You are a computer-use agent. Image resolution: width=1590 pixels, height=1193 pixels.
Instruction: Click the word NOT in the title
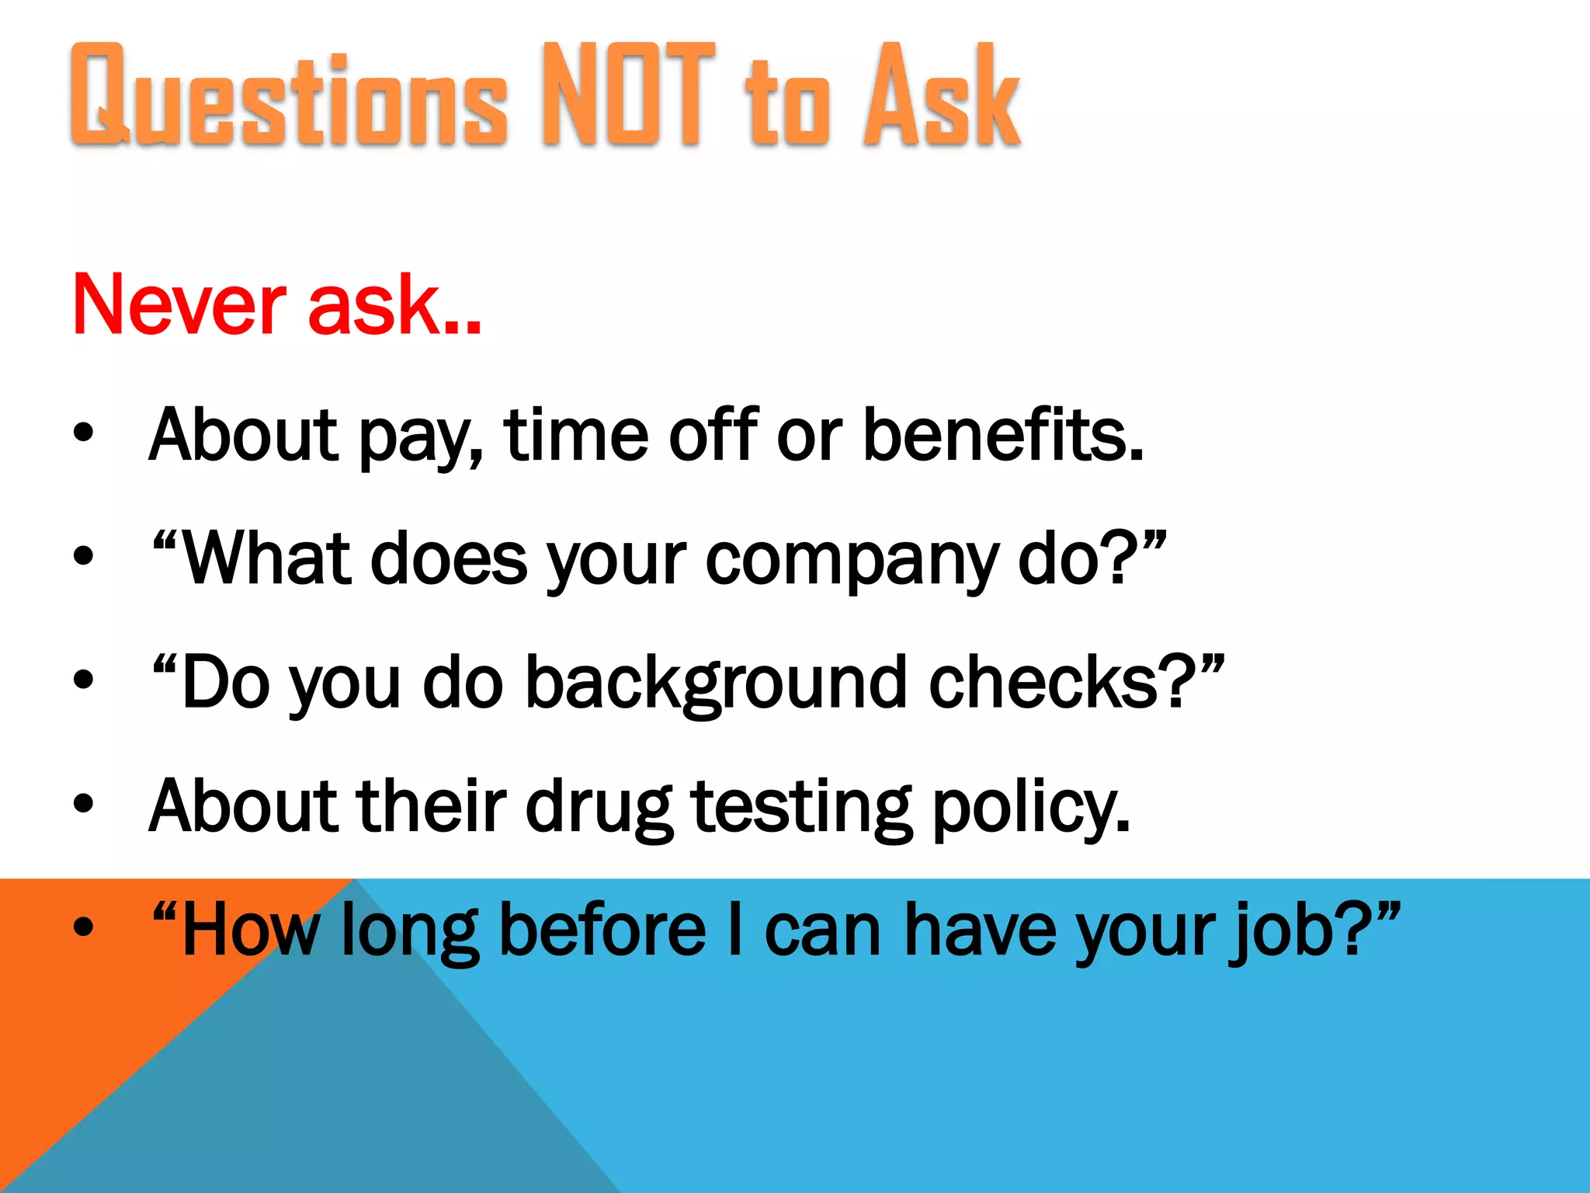[x=627, y=95]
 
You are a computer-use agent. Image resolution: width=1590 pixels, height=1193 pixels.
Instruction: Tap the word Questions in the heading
[x=289, y=96]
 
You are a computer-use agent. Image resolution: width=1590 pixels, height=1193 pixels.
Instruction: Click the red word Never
[x=179, y=305]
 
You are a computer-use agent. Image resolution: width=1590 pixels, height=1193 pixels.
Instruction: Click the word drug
[x=599, y=808]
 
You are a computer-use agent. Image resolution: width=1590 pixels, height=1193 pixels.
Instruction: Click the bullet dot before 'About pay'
[x=83, y=432]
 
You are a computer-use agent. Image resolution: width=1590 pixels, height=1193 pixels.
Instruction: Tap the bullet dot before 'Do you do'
[x=83, y=680]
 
